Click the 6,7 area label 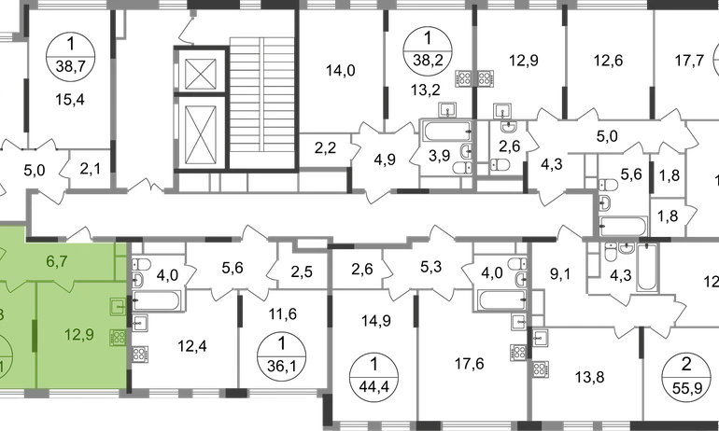(x=58, y=261)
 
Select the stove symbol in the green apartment (x=118, y=338)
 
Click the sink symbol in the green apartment (x=118, y=305)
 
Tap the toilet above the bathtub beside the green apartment (x=143, y=271)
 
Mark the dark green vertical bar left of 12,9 (x=34, y=334)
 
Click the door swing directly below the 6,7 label (x=65, y=287)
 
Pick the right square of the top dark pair (x=485, y=77)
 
